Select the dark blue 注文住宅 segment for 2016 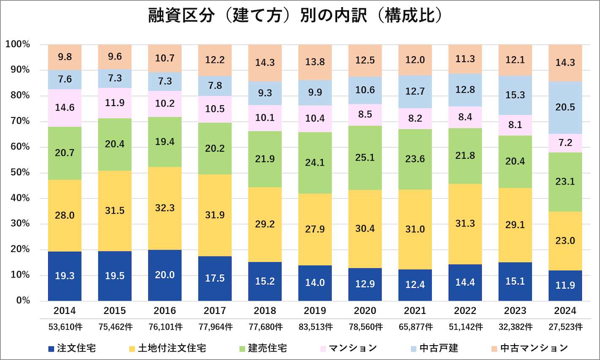[x=165, y=275]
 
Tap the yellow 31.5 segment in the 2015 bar [x=115, y=211]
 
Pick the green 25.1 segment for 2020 [x=365, y=158]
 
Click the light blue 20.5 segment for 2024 [x=565, y=107]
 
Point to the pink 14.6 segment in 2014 [x=65, y=108]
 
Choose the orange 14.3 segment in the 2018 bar [x=265, y=63]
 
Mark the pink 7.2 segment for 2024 [x=565, y=143]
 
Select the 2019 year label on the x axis [x=315, y=311]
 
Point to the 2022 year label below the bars [x=465, y=311]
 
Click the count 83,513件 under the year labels [x=315, y=327]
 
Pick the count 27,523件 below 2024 [x=565, y=327]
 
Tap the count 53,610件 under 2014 [x=65, y=327]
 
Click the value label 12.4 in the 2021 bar [x=415, y=285]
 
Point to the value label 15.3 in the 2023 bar [x=515, y=95]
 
